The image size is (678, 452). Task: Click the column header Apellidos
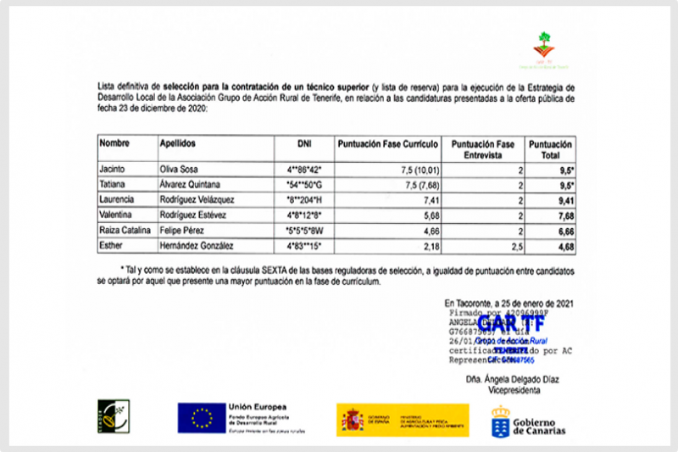click(x=177, y=144)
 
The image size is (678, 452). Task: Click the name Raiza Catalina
click(x=124, y=231)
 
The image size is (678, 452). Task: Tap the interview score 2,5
click(x=507, y=246)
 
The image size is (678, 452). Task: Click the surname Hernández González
click(x=197, y=246)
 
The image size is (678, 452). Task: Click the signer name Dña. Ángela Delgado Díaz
click(x=512, y=379)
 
